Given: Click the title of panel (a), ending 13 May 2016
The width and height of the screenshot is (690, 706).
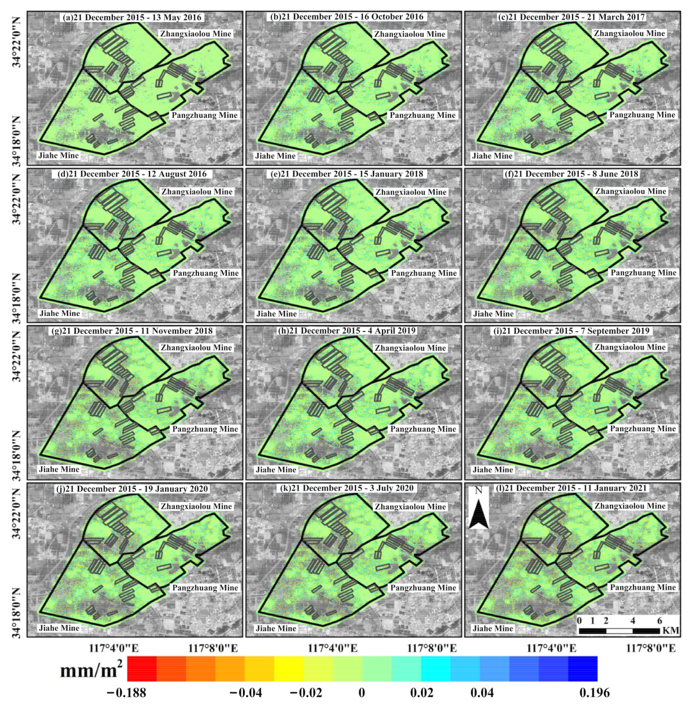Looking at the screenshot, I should pos(132,17).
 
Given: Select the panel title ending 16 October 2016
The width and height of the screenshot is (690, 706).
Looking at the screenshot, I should pos(347,17).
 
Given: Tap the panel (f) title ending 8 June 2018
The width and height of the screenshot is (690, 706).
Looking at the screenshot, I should pos(571,174).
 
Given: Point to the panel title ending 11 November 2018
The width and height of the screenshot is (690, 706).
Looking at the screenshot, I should pos(132,331).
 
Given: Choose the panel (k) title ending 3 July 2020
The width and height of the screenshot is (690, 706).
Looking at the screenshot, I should pos(347,488).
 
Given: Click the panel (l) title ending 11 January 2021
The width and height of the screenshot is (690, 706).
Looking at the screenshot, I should pos(571,488).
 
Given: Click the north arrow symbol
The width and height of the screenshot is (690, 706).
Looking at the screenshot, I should pos(478,509).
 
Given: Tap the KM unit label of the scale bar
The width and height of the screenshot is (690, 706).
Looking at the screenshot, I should pos(671,630).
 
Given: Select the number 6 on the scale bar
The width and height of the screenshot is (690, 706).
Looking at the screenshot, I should pos(660,621).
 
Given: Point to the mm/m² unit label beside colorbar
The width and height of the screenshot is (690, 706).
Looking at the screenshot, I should pos(91,670).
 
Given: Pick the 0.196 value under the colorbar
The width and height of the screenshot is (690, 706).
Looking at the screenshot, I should pos(595,693).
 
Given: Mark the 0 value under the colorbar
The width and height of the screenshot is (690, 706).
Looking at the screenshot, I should pos(362,693).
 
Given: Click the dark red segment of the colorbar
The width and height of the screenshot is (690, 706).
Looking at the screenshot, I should pos(142,669).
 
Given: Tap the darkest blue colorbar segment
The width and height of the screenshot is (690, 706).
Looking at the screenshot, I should pos(583,669).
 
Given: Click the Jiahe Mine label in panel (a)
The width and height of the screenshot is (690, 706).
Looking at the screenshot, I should pos(59,156).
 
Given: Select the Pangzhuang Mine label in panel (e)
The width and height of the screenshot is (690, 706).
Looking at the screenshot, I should pos(424,273).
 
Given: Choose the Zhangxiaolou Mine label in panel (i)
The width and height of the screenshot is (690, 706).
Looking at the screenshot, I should pos(630,347).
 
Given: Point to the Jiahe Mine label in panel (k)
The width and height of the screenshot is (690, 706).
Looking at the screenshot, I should pos(276,628).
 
